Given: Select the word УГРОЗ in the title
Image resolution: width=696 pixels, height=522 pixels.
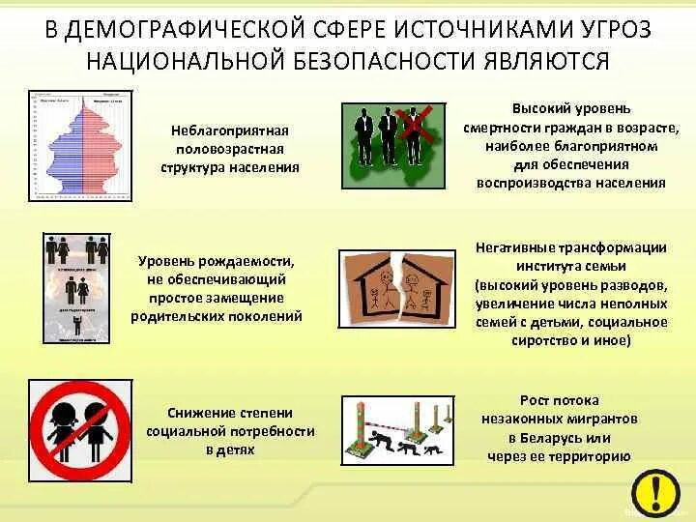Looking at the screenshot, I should (608, 29).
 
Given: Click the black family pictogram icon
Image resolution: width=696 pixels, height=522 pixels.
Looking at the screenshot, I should (76, 288).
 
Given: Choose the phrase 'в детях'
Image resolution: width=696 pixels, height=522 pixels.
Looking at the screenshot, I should (230, 449).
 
